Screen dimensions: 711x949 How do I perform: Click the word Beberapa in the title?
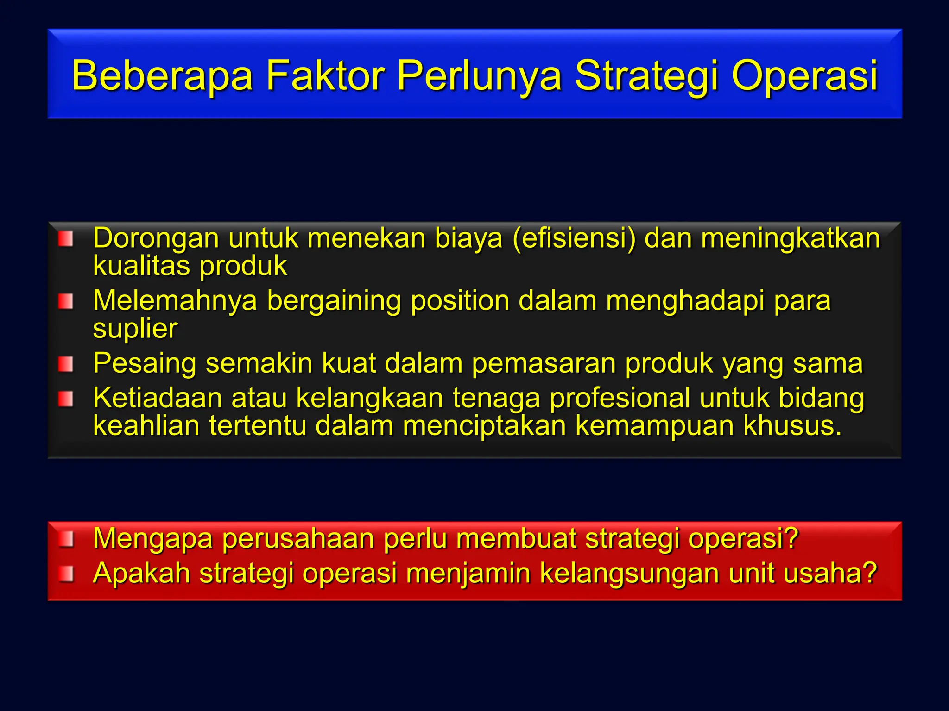click(x=162, y=75)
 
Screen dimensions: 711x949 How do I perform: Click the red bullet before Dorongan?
click(x=66, y=239)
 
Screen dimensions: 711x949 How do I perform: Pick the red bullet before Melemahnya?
click(x=66, y=302)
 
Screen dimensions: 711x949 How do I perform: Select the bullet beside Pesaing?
click(x=66, y=364)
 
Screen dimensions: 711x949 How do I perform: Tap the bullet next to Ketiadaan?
click(x=66, y=399)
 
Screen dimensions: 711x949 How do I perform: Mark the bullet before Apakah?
click(x=66, y=574)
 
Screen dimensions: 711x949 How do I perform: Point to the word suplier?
click(x=135, y=329)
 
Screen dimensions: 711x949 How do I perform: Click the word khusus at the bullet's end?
click(x=792, y=426)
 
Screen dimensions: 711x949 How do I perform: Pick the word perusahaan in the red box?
click(x=298, y=539)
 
